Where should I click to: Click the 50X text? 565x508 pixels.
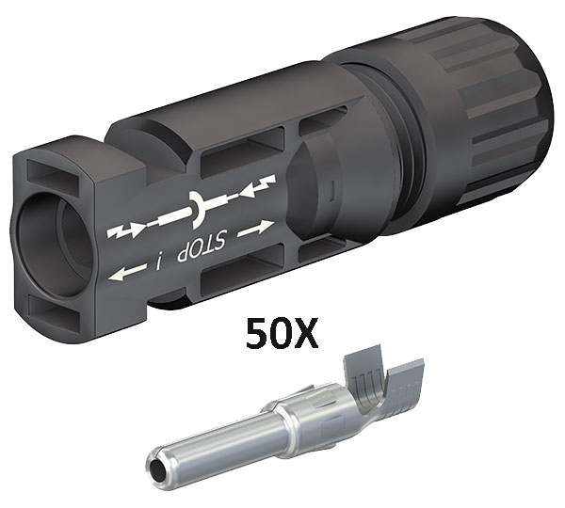(282, 333)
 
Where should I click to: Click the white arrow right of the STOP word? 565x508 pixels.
(255, 229)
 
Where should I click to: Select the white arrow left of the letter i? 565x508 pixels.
(128, 272)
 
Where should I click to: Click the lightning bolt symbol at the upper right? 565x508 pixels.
(258, 186)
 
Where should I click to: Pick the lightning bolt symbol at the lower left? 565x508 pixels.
(123, 230)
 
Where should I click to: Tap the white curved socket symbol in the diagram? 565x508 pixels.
(198, 210)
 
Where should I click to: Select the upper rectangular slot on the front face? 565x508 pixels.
(54, 174)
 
